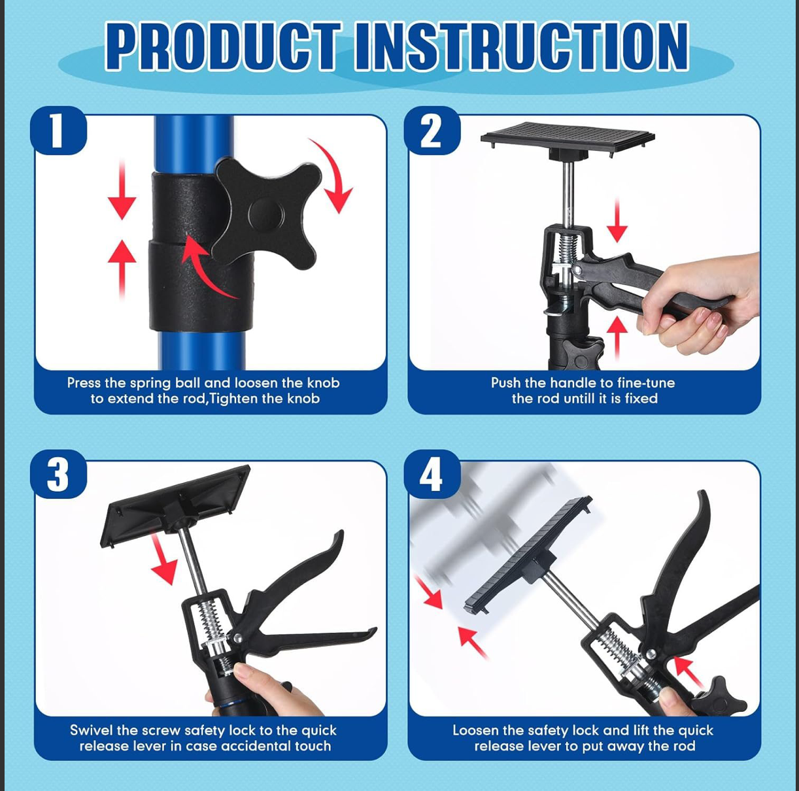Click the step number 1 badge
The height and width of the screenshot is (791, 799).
pos(58,131)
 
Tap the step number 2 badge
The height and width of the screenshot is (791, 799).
pos(432,131)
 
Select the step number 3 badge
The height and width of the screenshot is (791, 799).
pos(58,474)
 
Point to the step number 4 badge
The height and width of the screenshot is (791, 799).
pos(432,474)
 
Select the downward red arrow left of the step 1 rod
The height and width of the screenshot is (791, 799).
pos(122,189)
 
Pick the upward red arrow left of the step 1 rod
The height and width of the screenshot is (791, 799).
pos(122,270)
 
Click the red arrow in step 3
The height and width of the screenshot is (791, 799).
pos(163,559)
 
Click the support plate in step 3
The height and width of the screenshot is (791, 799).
pos(174,504)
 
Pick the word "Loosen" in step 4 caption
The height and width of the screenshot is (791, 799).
pos(475,730)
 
